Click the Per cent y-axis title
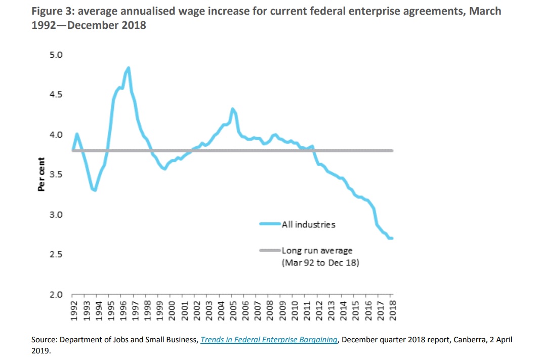tap(41, 174)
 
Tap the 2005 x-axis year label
tap(233, 309)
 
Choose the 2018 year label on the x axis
tap(393, 309)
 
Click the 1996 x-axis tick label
tap(122, 309)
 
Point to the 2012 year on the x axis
tap(319, 309)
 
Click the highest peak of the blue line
tap(129, 68)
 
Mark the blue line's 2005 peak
tap(232, 109)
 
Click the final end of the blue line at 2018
tap(392, 238)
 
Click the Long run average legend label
tap(317, 251)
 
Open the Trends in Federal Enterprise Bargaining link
tap(269, 340)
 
